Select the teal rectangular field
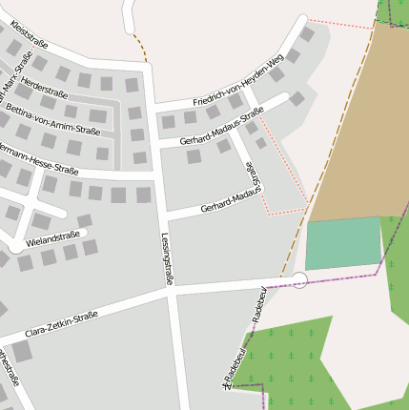click(343, 244)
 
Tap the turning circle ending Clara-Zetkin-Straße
click(299, 279)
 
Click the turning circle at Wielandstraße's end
click(16, 247)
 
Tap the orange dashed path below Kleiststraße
click(140, 46)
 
